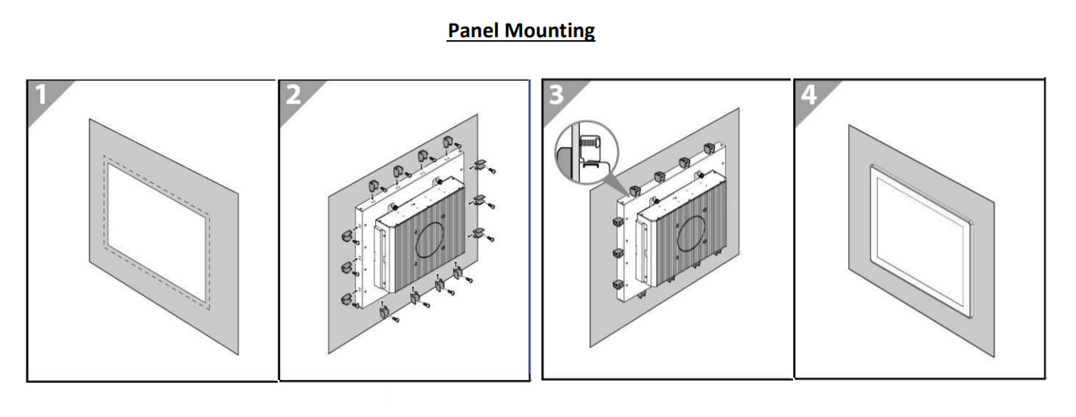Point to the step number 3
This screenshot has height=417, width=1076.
pyautogui.click(x=556, y=95)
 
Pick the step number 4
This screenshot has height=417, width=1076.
pyautogui.click(x=809, y=95)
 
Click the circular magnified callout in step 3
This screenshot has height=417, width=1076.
pyautogui.click(x=586, y=151)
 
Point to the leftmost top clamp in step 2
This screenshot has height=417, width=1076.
pyautogui.click(x=373, y=186)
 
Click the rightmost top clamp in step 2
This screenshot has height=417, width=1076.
pyautogui.click(x=448, y=142)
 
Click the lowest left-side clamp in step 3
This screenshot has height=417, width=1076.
pyautogui.click(x=617, y=285)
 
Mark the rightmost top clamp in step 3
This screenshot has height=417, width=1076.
pyautogui.click(x=709, y=149)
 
